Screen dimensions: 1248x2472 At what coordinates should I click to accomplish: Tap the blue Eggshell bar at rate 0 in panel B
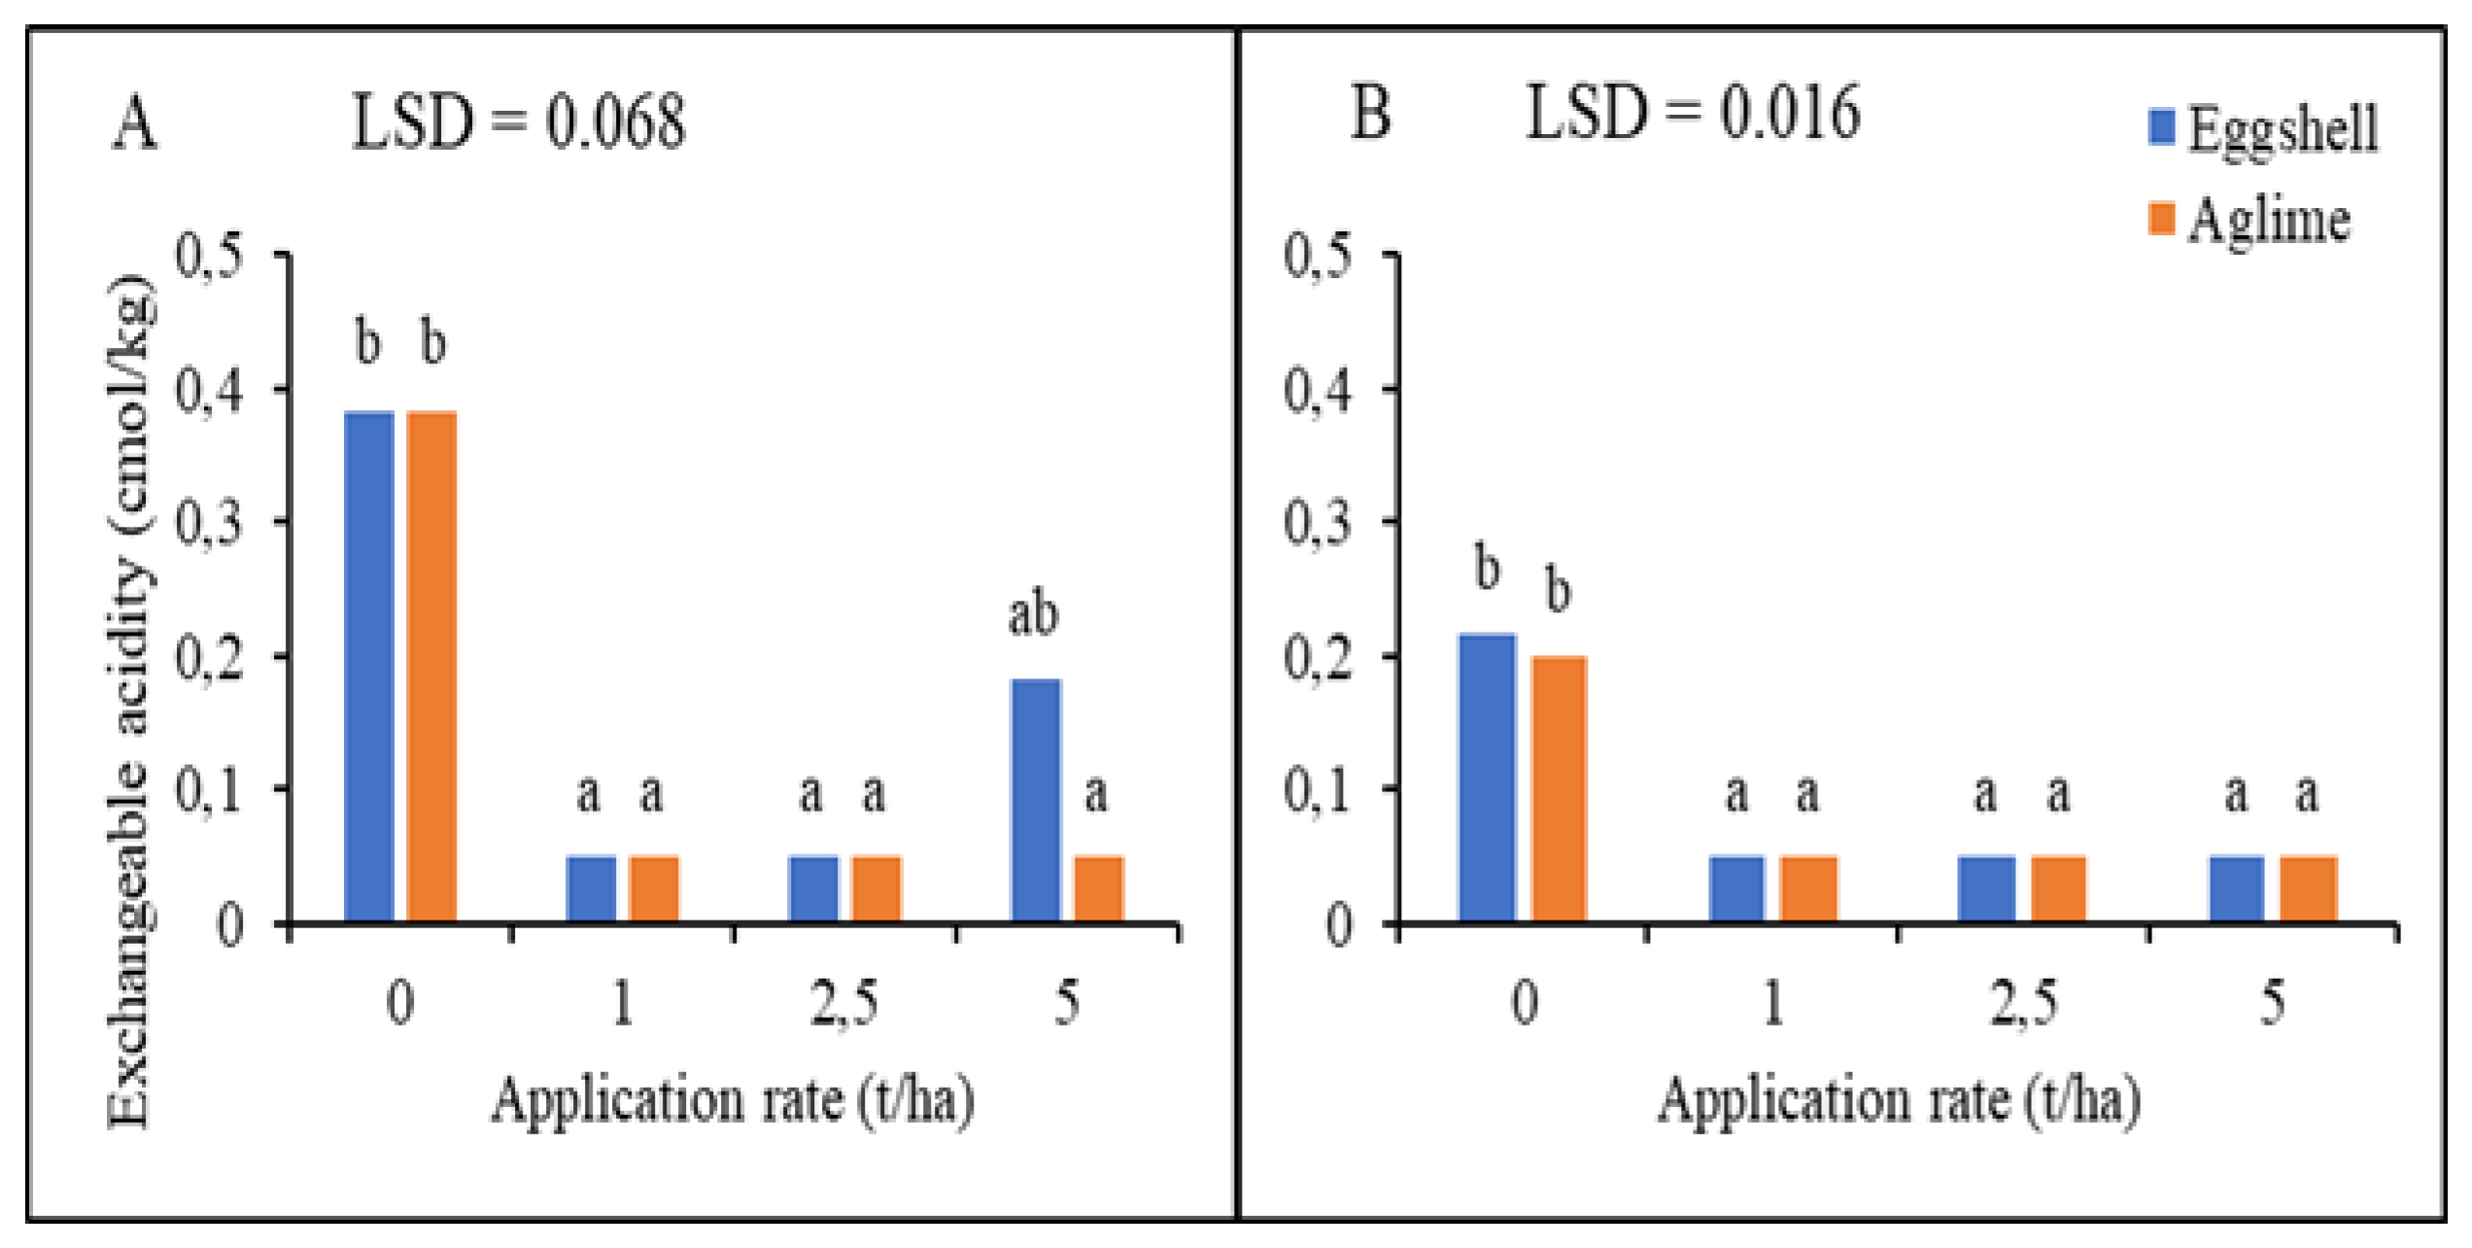[1487, 777]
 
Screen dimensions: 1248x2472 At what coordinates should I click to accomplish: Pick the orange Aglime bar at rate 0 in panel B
[1559, 788]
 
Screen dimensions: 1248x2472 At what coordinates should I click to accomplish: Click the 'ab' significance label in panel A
[1032, 615]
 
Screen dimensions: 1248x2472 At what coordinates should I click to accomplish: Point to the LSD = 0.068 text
[518, 122]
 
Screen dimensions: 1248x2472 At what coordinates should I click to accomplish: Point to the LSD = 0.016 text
[1693, 113]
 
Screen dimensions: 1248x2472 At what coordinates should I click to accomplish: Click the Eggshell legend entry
[2264, 129]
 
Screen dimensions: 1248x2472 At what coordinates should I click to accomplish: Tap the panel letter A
[134, 124]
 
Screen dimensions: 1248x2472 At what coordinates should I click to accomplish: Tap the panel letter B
[1370, 113]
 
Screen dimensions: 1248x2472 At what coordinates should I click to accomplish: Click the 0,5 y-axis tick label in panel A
[208, 257]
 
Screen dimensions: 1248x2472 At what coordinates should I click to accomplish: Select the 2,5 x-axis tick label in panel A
[843, 1002]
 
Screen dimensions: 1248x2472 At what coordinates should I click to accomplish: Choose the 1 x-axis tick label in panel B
[1772, 1002]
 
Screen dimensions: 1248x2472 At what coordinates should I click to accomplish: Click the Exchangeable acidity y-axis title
[130, 700]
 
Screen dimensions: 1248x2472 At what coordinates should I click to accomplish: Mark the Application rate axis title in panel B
[1899, 1101]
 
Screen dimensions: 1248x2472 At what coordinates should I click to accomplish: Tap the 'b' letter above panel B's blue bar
[1487, 568]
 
